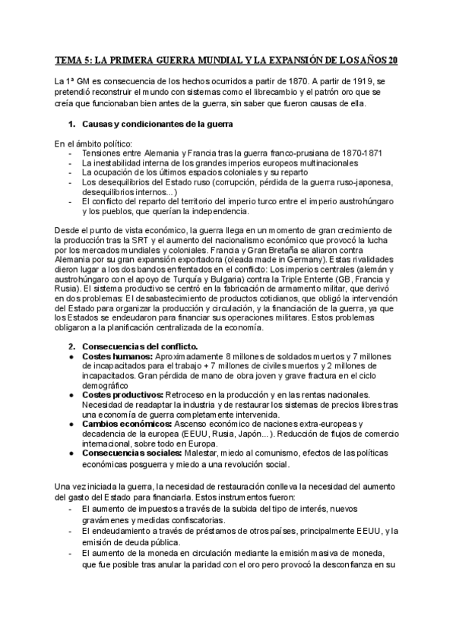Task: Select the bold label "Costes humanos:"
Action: [x=112, y=356]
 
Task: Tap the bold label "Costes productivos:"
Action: [x=122, y=395]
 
